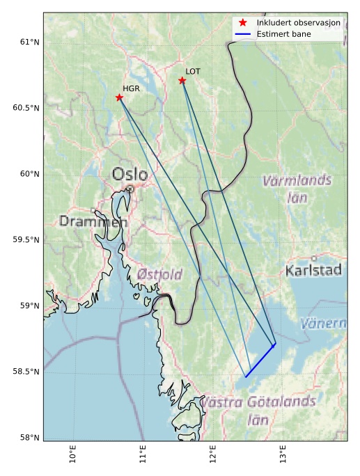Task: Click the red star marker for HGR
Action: click(x=119, y=97)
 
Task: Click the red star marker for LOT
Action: click(x=182, y=81)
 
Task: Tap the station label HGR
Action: click(x=131, y=88)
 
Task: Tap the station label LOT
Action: click(x=193, y=71)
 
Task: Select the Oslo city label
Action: click(x=130, y=173)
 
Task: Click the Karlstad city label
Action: click(x=313, y=270)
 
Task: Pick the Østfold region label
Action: click(x=159, y=274)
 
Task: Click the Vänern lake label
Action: click(x=323, y=324)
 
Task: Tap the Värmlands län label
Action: click(x=297, y=189)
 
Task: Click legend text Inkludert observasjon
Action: click(x=298, y=23)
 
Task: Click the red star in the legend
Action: click(x=242, y=23)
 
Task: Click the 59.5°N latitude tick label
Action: click(x=24, y=239)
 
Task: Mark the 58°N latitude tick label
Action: click(x=28, y=437)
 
